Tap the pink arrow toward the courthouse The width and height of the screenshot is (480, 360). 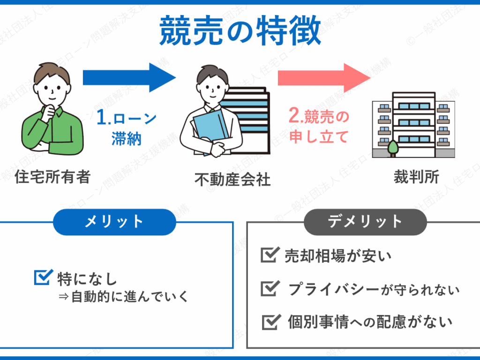click(323, 77)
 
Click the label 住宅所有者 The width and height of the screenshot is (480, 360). click(52, 177)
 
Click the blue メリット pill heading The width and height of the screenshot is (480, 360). click(114, 221)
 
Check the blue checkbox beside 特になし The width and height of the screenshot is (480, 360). click(42, 277)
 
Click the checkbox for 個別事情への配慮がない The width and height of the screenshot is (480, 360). click(270, 322)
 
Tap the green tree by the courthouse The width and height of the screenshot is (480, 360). click(393, 149)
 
